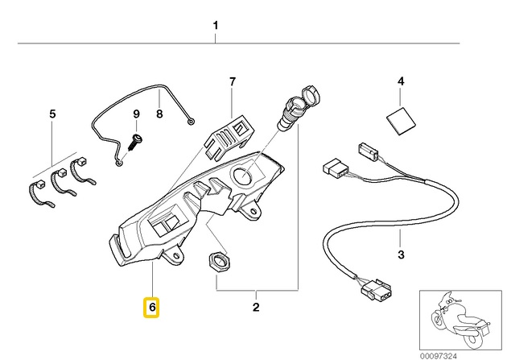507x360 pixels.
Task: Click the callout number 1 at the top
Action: tap(216, 26)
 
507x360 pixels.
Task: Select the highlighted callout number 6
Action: tap(150, 307)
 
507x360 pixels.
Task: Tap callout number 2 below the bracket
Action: tap(256, 307)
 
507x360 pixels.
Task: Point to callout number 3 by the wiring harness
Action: tap(400, 256)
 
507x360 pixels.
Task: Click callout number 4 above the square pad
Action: tap(400, 81)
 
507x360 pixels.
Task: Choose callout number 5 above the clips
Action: tap(53, 114)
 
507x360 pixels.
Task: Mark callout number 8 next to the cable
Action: tap(159, 114)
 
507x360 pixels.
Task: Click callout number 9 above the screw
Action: tap(136, 114)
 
